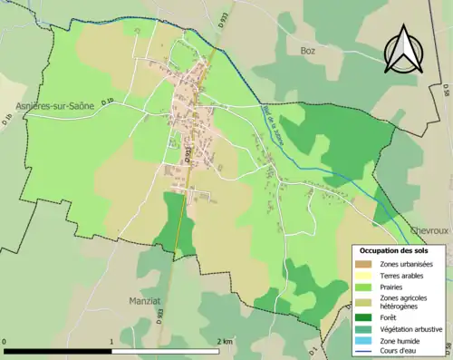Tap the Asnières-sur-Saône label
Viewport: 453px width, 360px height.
coord(54,107)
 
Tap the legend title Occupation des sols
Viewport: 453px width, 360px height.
coord(395,250)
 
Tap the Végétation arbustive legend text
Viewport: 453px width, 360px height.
coord(411,329)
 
